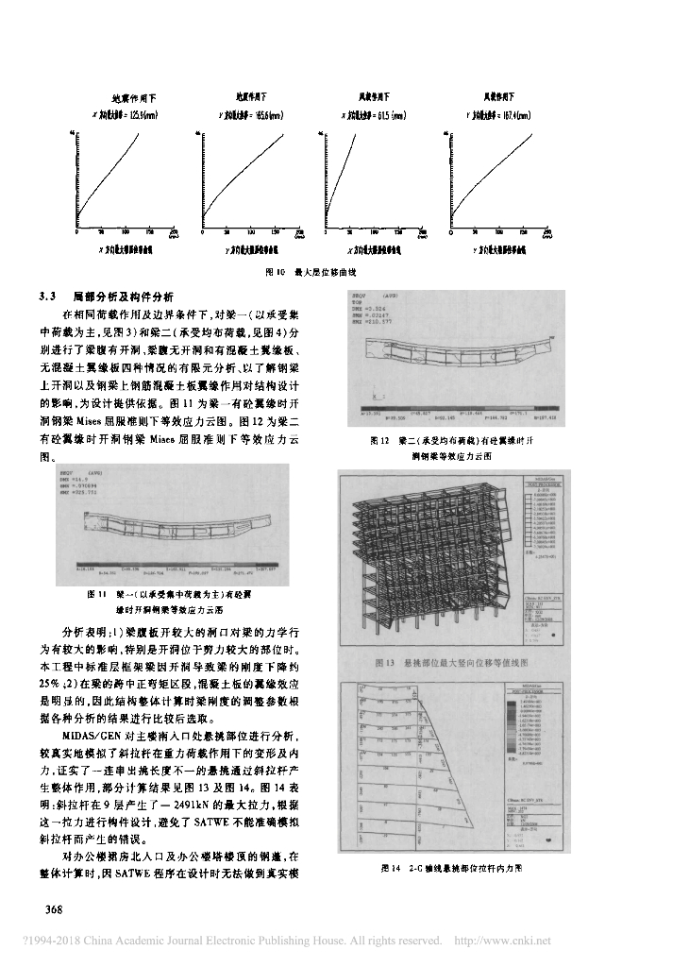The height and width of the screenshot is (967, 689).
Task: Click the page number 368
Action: (x=48, y=908)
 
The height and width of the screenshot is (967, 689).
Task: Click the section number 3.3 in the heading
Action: (x=49, y=297)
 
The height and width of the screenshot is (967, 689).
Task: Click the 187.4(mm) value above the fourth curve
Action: (x=510, y=115)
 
